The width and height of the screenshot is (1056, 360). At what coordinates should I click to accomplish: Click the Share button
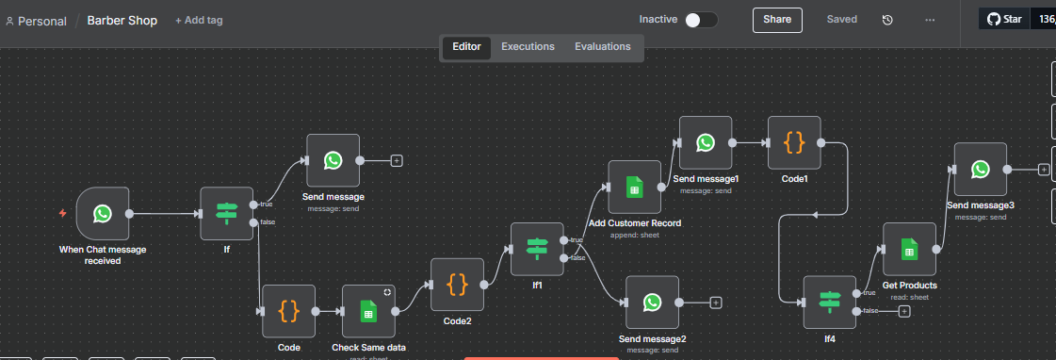pos(777,20)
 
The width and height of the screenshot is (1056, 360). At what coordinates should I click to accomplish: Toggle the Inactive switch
pos(701,20)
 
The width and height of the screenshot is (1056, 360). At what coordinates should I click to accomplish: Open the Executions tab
pos(528,46)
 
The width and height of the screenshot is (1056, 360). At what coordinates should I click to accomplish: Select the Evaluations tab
pos(602,46)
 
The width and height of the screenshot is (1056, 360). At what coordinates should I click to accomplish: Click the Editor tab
pos(466,46)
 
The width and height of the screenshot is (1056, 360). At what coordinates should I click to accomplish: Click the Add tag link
pos(199,20)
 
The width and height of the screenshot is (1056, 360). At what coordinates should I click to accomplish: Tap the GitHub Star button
pos(1005,19)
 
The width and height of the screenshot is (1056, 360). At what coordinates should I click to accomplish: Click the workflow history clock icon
pos(887,20)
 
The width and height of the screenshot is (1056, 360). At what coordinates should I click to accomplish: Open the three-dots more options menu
pos(930,20)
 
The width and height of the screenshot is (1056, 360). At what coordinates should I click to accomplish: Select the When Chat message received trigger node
pos(103,214)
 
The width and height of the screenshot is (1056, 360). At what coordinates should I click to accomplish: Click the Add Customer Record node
pos(634,188)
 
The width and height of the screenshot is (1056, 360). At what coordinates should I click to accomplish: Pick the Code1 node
pos(794,143)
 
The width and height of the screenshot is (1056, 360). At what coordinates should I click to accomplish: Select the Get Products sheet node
pos(909,250)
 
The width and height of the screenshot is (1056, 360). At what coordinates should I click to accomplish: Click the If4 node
pos(829,302)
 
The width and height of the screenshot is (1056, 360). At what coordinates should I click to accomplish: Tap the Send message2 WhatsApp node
pos(652,302)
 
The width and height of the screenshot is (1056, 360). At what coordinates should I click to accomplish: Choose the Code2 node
pos(457,285)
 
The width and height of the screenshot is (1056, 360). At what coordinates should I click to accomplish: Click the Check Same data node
pos(368,312)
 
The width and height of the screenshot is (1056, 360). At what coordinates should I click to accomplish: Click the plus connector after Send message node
pos(397,160)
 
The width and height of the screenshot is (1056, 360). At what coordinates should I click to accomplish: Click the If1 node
pos(537,249)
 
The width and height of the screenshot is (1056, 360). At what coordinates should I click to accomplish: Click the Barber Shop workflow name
pos(122,20)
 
